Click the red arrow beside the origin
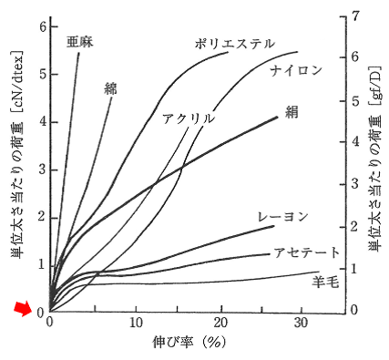(21, 312)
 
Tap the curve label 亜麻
(79, 41)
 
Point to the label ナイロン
(293, 69)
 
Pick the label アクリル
(188, 118)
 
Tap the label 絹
(292, 111)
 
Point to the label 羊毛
(325, 282)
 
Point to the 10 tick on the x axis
(137, 324)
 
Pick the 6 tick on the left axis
(41, 27)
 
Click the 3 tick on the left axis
(41, 170)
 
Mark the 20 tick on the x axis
(221, 324)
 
